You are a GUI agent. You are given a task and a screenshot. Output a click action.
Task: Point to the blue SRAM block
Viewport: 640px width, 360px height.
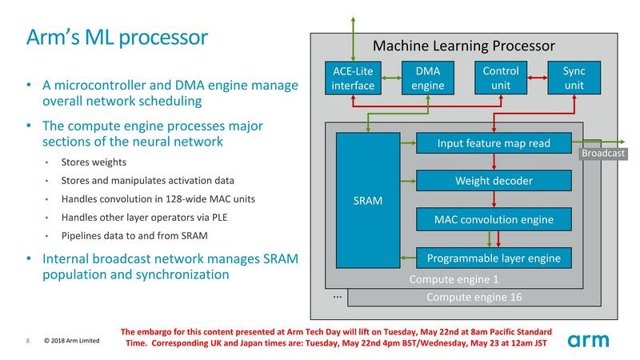click(368, 200)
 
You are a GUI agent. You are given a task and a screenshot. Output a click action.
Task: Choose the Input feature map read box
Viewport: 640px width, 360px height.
click(494, 143)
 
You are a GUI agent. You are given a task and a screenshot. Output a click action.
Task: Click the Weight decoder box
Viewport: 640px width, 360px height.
click(494, 181)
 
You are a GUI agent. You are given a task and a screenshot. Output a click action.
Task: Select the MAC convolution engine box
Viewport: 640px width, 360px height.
click(494, 218)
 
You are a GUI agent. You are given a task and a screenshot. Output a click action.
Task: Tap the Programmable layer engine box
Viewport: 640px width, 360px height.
click(494, 257)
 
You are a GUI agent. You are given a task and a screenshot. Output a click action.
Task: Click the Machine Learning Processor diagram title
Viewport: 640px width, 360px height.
click(464, 45)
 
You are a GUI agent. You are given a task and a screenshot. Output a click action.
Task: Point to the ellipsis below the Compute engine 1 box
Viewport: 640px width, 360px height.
click(337, 296)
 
